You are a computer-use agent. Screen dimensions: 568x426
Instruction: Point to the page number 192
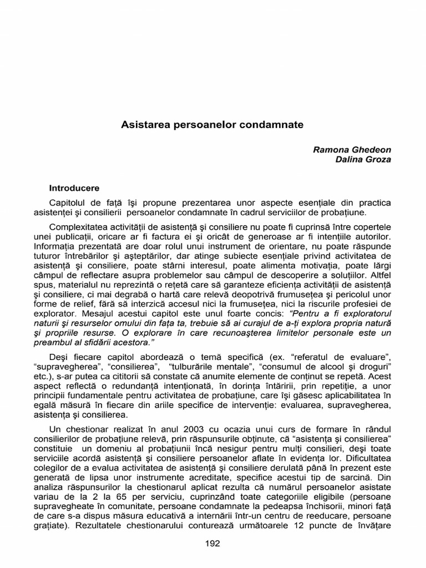pos(213,543)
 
